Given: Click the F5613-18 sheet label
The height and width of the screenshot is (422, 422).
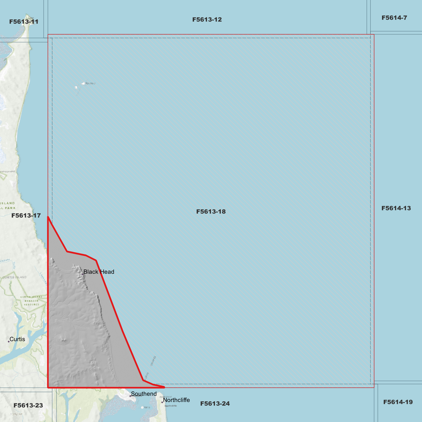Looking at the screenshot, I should coord(211,211).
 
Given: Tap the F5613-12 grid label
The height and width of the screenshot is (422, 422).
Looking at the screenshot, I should coord(207,20).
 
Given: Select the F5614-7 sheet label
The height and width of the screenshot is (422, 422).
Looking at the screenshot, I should coord(394,18).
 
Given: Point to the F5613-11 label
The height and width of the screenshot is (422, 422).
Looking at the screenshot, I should coord(24,22).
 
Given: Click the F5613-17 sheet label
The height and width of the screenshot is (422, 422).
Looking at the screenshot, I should coord(26,216).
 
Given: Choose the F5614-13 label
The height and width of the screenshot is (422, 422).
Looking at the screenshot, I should coord(396,208).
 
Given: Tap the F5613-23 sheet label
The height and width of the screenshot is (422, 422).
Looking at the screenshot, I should coord(28,405).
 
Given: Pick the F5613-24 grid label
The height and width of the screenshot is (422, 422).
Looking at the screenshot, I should coord(215,404).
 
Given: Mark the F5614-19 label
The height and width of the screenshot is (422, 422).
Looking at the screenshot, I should coord(398,402).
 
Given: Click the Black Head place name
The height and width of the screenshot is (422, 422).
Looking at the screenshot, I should coord(99,272).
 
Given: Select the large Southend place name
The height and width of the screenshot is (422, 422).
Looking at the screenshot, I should coord(144,394).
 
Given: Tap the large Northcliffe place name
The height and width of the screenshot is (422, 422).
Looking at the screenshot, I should coord(176,400).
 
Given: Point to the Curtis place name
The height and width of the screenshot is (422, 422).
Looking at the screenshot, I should coord(17,339).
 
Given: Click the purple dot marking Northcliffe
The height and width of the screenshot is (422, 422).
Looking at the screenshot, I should coord(162,402).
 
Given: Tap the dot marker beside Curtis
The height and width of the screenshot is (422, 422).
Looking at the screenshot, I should coord(9,341).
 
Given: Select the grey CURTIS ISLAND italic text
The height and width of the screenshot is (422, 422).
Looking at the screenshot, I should coord(14,277).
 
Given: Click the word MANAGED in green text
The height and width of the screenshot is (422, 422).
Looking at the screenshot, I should coord(32,301).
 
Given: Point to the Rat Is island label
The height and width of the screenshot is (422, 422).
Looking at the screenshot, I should coord(147,407).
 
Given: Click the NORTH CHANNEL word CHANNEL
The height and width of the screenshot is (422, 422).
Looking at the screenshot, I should coord(153,361).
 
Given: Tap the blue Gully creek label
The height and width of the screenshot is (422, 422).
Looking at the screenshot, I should coord(14,265).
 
